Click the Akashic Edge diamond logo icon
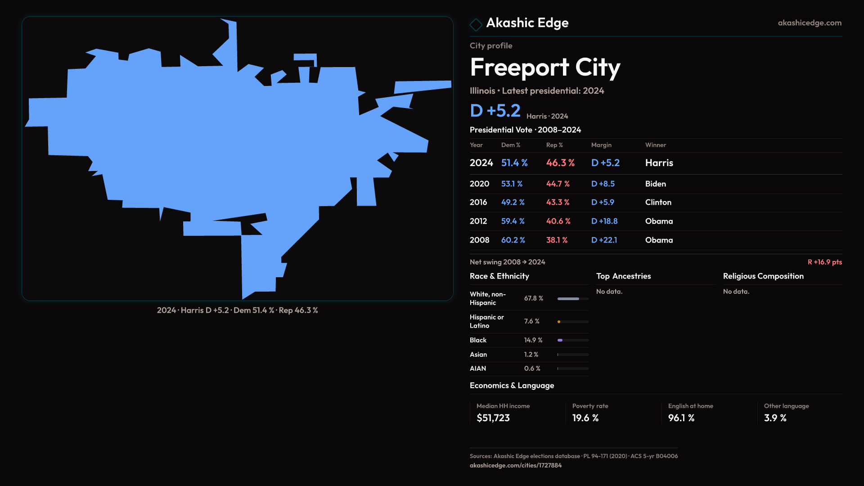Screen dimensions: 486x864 476,24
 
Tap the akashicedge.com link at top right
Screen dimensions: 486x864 809,23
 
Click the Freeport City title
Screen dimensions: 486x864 545,67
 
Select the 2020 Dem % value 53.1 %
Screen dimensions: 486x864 512,184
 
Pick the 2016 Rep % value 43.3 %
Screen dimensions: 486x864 558,202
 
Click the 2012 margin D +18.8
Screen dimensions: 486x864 604,221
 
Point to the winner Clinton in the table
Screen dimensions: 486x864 658,202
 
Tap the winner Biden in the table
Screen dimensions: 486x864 655,184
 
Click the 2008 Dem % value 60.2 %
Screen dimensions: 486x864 513,240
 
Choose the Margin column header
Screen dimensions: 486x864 601,145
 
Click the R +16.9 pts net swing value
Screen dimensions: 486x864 824,262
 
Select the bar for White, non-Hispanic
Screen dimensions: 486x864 573,299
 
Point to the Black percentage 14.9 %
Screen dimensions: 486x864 533,340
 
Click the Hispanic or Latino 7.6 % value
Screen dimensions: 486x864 531,321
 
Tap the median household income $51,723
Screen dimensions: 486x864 493,418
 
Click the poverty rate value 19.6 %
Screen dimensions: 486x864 585,418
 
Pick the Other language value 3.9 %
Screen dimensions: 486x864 775,418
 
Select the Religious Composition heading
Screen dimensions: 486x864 763,276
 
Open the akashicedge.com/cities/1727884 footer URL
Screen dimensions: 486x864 515,465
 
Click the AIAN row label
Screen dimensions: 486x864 477,369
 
